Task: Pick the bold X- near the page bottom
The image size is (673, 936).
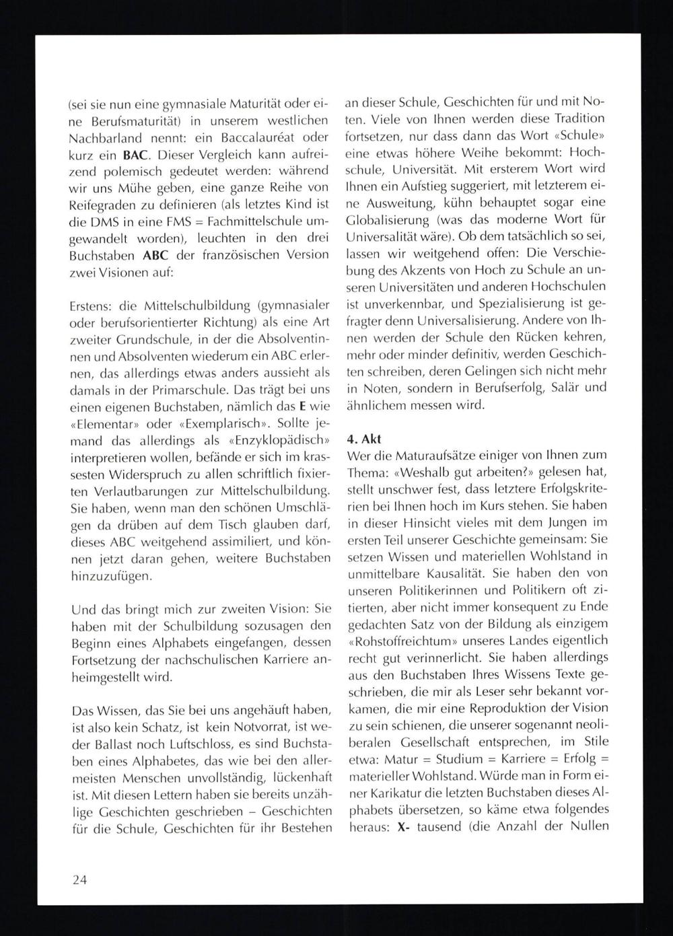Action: click(404, 826)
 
